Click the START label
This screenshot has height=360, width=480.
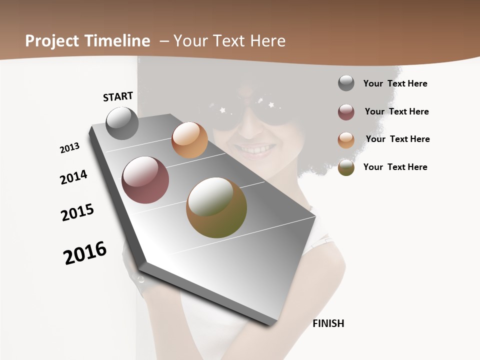coord(118,96)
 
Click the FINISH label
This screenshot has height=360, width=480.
coord(328,323)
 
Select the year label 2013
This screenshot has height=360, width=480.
coord(69,148)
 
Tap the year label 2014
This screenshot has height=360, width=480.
coord(73,177)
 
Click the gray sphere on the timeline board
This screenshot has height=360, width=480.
coord(122,123)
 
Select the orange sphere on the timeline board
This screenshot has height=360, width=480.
coord(189,140)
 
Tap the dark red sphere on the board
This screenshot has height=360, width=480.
coord(145,180)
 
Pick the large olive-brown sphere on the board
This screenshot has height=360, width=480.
coord(216,207)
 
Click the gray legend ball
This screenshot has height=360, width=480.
coord(346,83)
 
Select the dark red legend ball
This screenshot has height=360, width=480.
coord(346,112)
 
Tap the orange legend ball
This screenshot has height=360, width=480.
coord(346,140)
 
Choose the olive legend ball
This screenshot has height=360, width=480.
coord(346,167)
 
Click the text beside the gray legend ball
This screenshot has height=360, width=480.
coord(395,83)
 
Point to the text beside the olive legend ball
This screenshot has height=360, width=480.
coord(395,167)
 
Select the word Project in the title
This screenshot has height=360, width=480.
coord(52,41)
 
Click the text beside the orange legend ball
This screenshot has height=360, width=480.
coord(397,139)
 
